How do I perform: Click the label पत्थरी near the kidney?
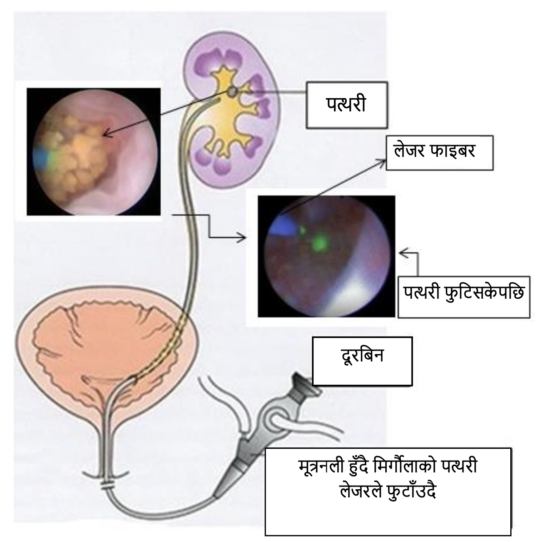tap(346, 105)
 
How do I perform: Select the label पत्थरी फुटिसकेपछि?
tap(463, 293)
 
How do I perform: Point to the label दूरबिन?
tap(362, 355)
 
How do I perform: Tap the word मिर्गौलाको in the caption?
tap(403, 467)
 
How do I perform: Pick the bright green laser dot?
tap(321, 243)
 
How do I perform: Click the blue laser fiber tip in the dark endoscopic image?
tap(281, 226)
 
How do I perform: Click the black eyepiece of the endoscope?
tap(305, 384)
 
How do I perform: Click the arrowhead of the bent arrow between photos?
tap(243, 237)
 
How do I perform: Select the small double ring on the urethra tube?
tap(108, 486)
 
